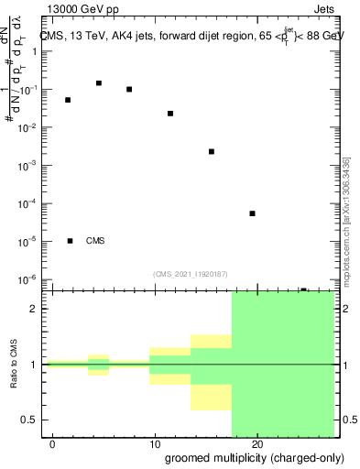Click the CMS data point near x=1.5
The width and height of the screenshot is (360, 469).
click(x=68, y=100)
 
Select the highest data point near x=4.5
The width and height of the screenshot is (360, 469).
click(x=99, y=83)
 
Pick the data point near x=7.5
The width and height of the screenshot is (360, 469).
click(x=129, y=90)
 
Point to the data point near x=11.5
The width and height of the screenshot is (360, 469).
click(x=170, y=114)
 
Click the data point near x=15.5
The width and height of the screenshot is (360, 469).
click(x=212, y=152)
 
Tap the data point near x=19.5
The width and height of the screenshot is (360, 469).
click(x=252, y=213)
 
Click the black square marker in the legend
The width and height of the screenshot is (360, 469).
click(x=71, y=241)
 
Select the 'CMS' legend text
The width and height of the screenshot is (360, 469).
click(x=96, y=241)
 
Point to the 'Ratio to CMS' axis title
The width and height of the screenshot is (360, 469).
click(x=14, y=365)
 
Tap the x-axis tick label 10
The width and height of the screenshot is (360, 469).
click(x=155, y=444)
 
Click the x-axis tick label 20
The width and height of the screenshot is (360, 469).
click(x=257, y=444)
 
